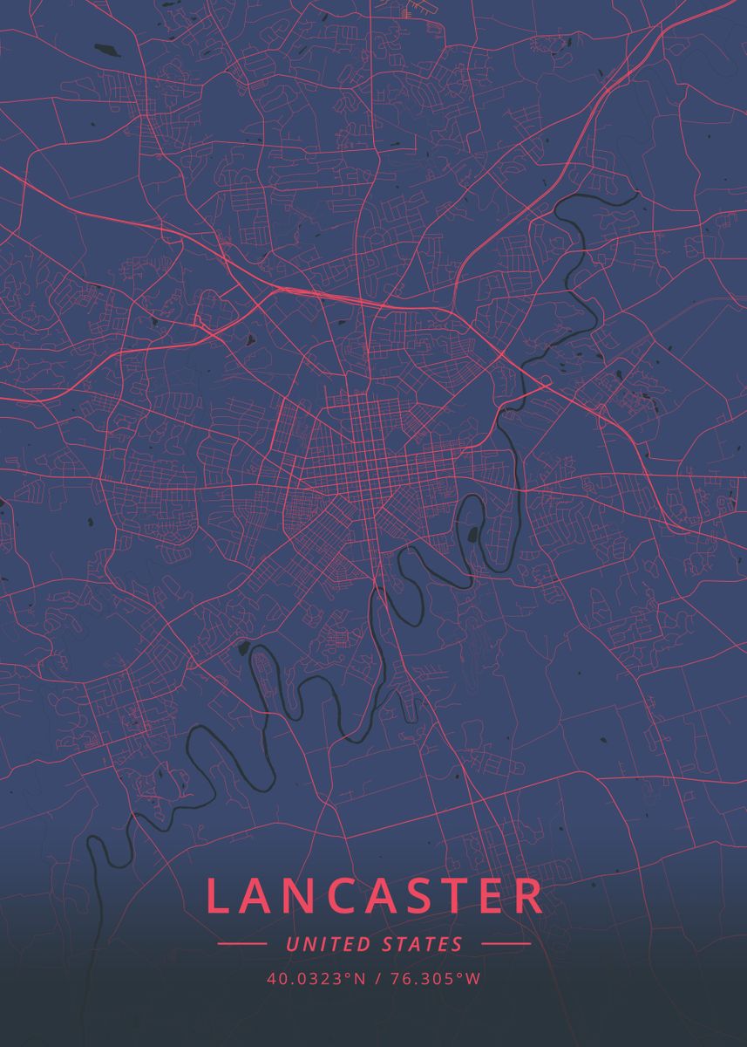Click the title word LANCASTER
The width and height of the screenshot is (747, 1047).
375,897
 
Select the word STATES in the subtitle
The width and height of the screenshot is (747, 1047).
423,944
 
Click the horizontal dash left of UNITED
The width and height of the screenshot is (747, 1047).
241,944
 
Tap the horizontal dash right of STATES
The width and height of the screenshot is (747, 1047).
506,944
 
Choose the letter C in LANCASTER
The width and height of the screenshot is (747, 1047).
332,897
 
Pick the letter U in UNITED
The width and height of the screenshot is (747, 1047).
292,944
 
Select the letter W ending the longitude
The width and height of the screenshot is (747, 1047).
473,979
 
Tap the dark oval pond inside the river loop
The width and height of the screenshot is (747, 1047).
473,534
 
